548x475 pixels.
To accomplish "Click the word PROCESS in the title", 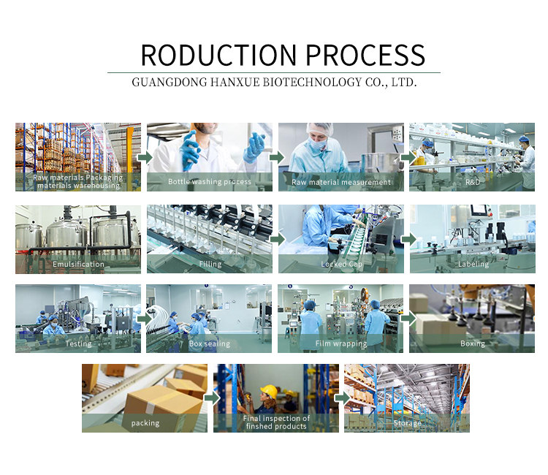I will pyautogui.click(x=365, y=56).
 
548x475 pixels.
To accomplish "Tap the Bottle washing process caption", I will pyautogui.click(x=210, y=182).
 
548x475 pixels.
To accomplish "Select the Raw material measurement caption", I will pyautogui.click(x=341, y=182).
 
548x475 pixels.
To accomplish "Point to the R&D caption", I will pyautogui.click(x=473, y=182).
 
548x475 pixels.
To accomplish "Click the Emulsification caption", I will pyautogui.click(x=78, y=264).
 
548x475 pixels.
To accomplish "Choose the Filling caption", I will pyautogui.click(x=210, y=264).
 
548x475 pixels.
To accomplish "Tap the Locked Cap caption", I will pyautogui.click(x=341, y=264).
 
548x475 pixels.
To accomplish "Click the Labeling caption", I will pyautogui.click(x=473, y=264).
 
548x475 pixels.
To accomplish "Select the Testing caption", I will pyautogui.click(x=78, y=343).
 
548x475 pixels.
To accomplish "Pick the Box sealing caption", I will pyautogui.click(x=210, y=343).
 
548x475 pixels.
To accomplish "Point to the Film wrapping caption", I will pyautogui.click(x=341, y=343).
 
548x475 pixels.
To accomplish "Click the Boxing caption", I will pyautogui.click(x=473, y=343).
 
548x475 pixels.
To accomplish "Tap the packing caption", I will pyautogui.click(x=145, y=423).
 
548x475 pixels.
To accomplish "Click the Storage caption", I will pyautogui.click(x=407, y=423).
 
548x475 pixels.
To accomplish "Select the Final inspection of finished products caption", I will pyautogui.click(x=276, y=422).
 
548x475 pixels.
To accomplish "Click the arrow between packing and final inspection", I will pyautogui.click(x=211, y=398).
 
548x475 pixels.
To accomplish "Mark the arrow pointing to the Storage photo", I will pyautogui.click(x=342, y=398).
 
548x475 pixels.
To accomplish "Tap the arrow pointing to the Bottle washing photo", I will pyautogui.click(x=145, y=157).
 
